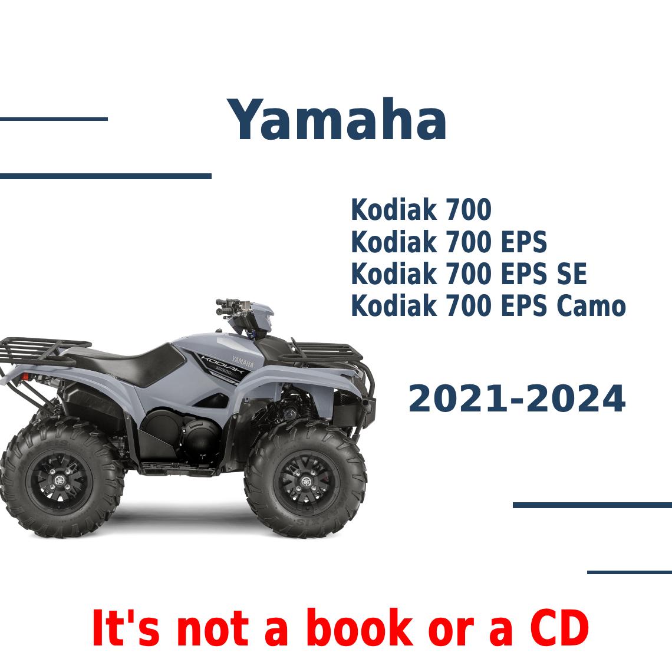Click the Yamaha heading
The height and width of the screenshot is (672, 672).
coord(337,121)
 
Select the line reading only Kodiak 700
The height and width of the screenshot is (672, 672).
coord(421,210)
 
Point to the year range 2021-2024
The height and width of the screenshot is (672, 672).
coord(516,399)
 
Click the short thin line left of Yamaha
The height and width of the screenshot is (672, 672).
coord(54,119)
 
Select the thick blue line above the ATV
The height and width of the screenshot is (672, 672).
coord(106,176)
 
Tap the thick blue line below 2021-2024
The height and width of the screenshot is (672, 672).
coord(592,505)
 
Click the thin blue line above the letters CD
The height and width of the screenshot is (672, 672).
coord(629,572)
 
